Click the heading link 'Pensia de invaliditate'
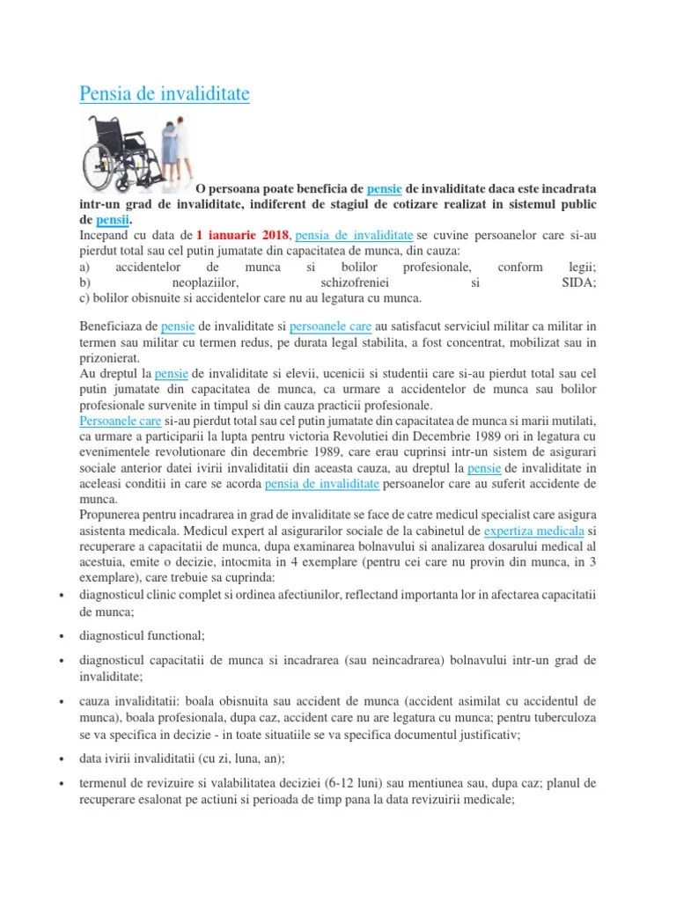pyautogui.click(x=165, y=93)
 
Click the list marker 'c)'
pyautogui.click(x=84, y=298)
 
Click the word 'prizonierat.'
pyautogui.click(x=108, y=359)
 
